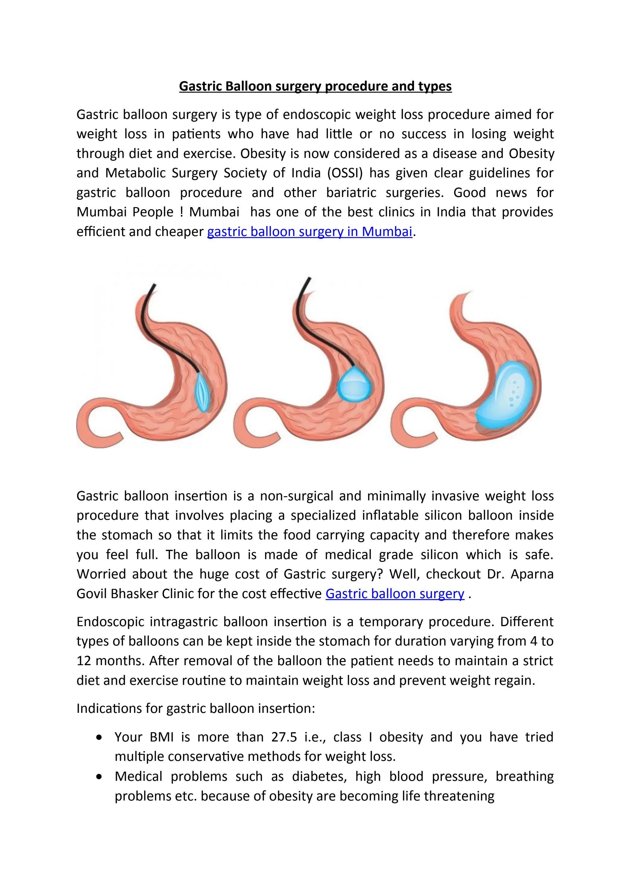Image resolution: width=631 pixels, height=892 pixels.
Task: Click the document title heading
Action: tap(315, 86)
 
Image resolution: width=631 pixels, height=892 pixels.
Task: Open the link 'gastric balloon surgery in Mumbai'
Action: tap(309, 232)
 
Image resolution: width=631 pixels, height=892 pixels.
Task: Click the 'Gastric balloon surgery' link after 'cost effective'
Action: tap(395, 594)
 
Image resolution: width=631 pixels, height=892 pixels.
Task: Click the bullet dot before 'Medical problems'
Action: tap(101, 777)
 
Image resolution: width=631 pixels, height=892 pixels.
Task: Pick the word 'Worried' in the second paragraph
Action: tap(100, 574)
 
